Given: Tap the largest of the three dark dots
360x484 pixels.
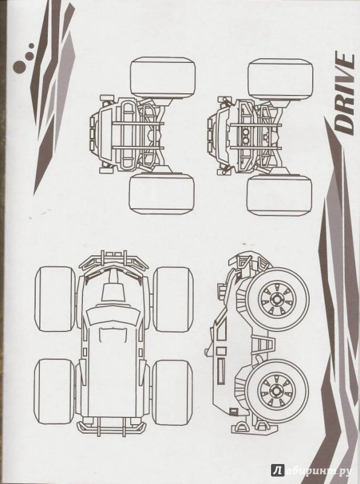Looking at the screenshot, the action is (x=19, y=67).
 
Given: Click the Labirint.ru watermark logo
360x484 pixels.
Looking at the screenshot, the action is (x=312, y=471).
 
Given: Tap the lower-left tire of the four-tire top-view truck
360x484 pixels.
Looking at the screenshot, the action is (x=54, y=391).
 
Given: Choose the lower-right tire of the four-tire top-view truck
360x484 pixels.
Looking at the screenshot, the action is (x=172, y=392).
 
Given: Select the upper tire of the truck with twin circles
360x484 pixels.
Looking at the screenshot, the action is (x=280, y=79).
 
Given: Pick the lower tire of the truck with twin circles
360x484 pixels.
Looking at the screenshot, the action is (x=280, y=195).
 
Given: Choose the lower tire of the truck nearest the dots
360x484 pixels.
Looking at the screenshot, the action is (x=162, y=194).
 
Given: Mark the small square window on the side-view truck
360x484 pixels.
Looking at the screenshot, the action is (x=232, y=410).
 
